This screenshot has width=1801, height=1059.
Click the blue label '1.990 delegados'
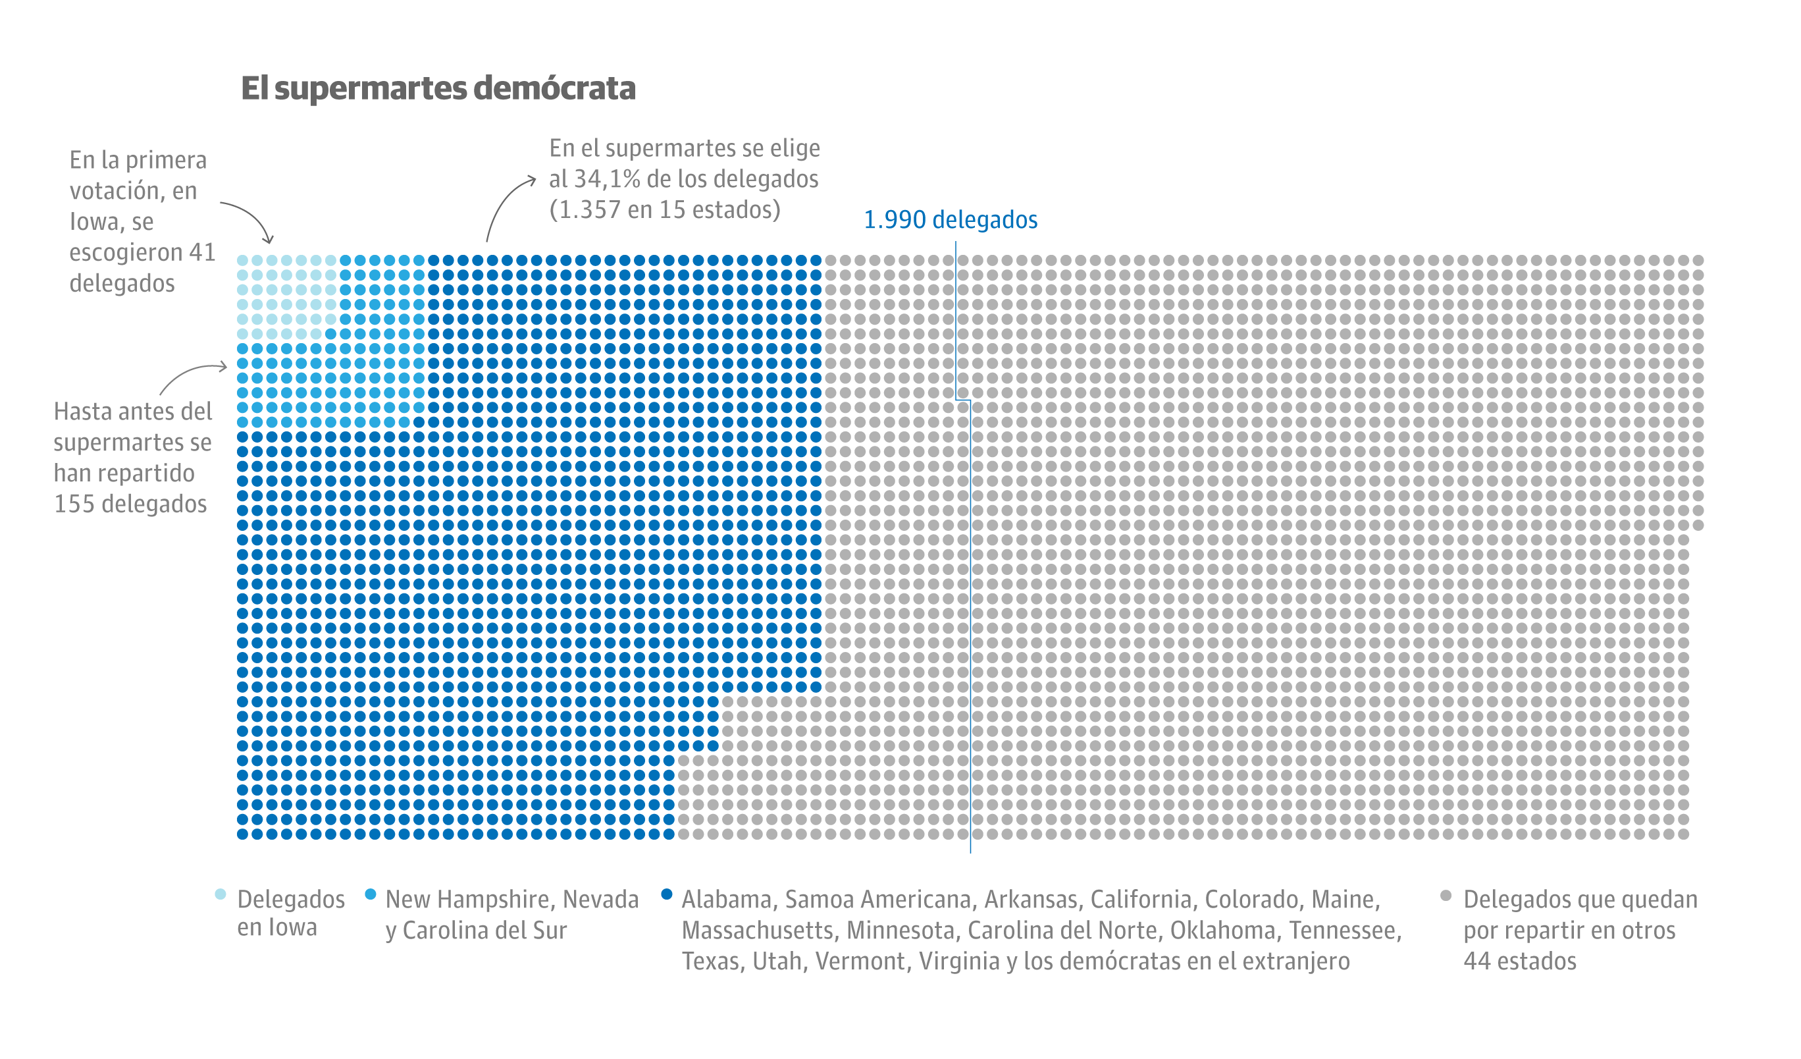pyautogui.click(x=950, y=219)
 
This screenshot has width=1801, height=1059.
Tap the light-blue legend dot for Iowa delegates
pyautogui.click(x=221, y=894)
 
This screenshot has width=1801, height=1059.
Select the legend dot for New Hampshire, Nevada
pyautogui.click(x=370, y=894)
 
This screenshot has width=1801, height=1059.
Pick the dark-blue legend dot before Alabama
pyautogui.click(x=666, y=894)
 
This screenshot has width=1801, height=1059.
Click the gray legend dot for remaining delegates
pyautogui.click(x=1445, y=895)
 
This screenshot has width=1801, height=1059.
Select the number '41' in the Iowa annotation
pyautogui.click(x=202, y=252)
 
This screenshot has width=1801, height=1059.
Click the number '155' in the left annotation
pyautogui.click(x=74, y=504)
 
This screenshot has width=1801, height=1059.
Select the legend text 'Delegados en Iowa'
pyautogui.click(x=291, y=913)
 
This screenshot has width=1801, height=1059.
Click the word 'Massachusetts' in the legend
pyautogui.click(x=760, y=931)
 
